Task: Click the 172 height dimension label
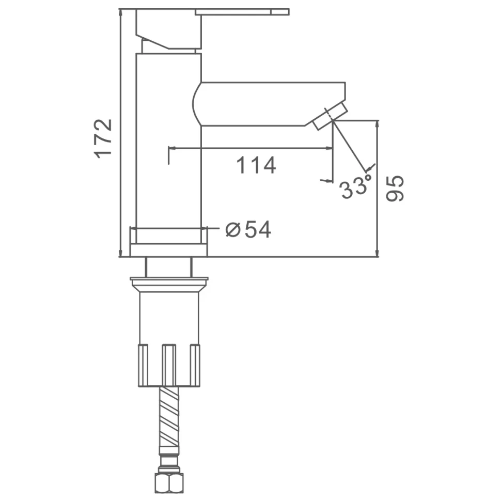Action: pyautogui.click(x=103, y=138)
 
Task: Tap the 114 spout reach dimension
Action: pyautogui.click(x=256, y=165)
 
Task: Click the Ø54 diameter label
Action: pyautogui.click(x=248, y=229)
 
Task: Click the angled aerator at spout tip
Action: pyautogui.click(x=330, y=116)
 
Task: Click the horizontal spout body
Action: pyautogui.click(x=269, y=104)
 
